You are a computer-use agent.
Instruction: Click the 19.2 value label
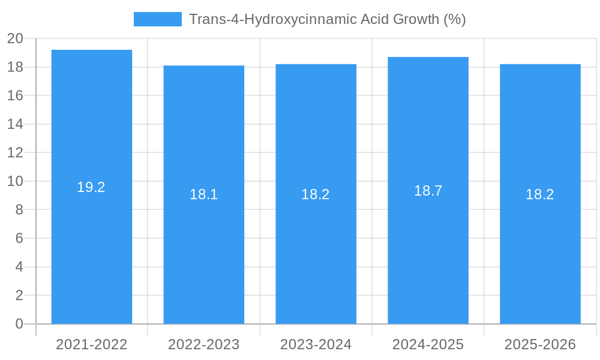[91, 187]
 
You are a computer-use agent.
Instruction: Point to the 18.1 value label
[203, 194]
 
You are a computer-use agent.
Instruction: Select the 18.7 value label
[428, 191]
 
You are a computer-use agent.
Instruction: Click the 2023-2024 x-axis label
[316, 344]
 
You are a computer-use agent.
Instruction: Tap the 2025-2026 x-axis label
[540, 344]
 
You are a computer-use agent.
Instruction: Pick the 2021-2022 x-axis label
[91, 344]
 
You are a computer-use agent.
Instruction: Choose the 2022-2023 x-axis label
[203, 344]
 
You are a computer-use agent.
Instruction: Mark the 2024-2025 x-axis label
[428, 344]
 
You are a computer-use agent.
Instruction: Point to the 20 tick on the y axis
[15, 38]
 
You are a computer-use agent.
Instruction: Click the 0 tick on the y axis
[19, 324]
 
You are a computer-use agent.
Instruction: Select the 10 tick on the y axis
[15, 181]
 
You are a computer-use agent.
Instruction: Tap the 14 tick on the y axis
[15, 124]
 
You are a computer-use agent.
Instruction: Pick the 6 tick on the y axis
[19, 238]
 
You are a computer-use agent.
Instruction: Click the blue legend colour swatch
[157, 19]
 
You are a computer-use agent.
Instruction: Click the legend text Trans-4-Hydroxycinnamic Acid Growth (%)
[327, 19]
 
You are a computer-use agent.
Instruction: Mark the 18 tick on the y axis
[15, 67]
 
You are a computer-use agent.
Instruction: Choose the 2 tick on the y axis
[19, 295]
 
